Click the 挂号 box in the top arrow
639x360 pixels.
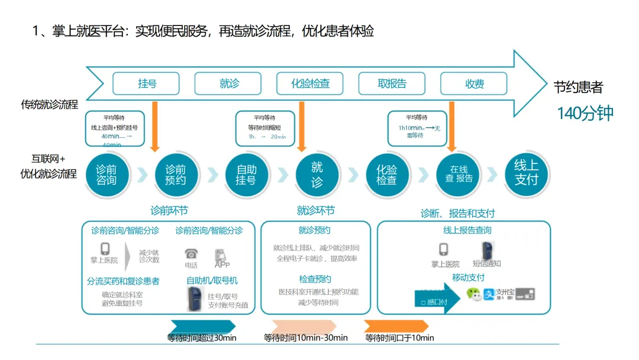tap(147, 83)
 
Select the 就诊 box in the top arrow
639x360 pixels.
tap(229, 83)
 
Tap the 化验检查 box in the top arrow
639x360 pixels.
tap(310, 83)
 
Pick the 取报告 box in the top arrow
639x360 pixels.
tap(392, 83)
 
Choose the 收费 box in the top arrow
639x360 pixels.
tap(474, 83)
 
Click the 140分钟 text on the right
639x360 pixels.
tap(585, 113)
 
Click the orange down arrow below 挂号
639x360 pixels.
tap(154, 126)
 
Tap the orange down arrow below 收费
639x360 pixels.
tap(452, 126)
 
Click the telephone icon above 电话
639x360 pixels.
tap(191, 253)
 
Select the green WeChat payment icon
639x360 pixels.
tap(474, 294)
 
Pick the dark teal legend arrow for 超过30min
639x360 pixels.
tap(202, 327)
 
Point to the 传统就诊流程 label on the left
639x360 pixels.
tap(50, 105)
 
